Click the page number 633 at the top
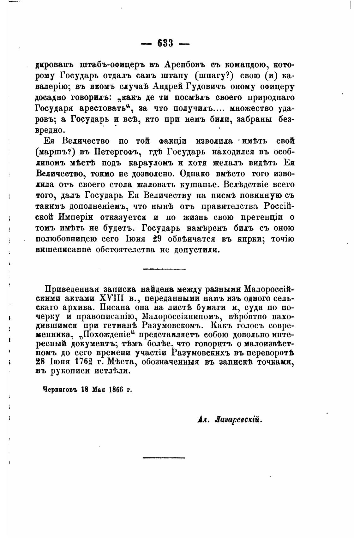coord(165,43)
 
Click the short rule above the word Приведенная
coord(164,269)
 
